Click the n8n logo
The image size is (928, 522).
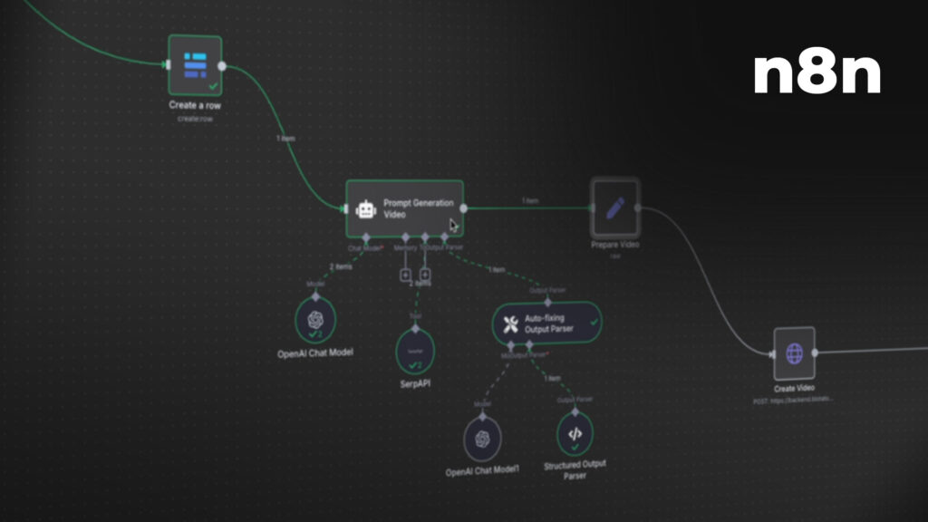point(817,74)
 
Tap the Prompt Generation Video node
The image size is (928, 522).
point(405,208)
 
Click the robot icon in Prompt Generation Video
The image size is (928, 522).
point(366,210)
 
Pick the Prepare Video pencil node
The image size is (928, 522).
point(615,208)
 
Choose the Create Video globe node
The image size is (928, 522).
point(794,353)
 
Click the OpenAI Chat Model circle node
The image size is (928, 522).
point(314,319)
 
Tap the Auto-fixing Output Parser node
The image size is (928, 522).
point(546,323)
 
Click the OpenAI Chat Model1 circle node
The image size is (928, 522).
point(482,439)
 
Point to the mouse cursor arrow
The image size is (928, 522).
point(453,225)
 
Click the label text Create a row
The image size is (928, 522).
point(195,105)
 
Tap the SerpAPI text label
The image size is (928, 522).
point(416,383)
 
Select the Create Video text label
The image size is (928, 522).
point(794,388)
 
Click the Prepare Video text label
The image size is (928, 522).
point(615,245)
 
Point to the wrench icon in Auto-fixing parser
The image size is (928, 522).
point(510,323)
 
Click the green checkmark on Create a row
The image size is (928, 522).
point(212,86)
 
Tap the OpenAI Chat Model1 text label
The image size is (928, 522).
point(482,471)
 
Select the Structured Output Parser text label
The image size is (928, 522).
point(575,469)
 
